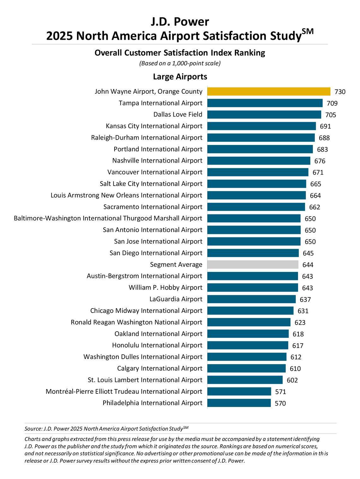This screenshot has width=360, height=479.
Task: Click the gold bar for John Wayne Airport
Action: pos(269,92)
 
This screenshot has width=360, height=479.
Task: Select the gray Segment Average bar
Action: pos(253,265)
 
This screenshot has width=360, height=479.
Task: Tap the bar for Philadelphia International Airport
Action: pos(239,403)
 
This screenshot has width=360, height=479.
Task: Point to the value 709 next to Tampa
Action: pos(332,103)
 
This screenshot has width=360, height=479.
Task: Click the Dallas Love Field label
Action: pos(178,115)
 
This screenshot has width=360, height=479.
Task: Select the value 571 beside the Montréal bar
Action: pos(280,392)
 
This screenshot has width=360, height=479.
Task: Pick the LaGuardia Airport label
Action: pos(176,299)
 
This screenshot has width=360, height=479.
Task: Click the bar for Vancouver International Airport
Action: pos(258,172)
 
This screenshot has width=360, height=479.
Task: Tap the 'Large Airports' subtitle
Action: pos(180,77)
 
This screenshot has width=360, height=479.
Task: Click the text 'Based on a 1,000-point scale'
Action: pos(180,63)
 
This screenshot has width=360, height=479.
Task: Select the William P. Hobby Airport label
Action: pos(165,288)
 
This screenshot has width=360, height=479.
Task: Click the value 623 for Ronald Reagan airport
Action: pos(300,322)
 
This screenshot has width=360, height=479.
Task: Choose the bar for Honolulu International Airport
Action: pos(248,345)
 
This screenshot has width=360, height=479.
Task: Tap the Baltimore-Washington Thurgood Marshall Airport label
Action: pos(108,219)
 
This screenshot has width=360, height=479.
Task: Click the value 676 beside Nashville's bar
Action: pos(320,161)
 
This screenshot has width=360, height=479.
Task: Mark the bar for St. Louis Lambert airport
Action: pos(245,380)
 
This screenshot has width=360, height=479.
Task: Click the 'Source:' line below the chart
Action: pos(106,428)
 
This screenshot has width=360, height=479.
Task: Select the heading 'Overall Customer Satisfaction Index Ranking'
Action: pos(180,53)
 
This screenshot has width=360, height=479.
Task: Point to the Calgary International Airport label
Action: pos(159,368)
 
